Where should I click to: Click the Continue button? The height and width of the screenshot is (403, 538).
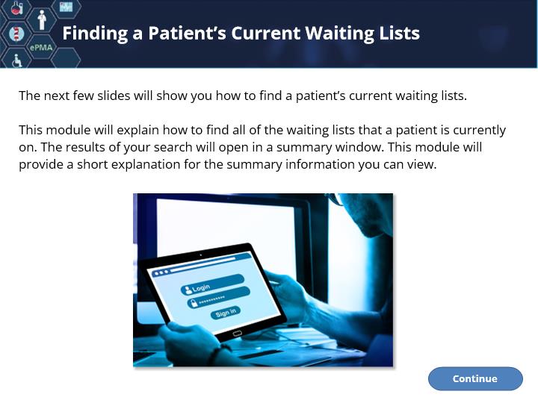click(x=475, y=378)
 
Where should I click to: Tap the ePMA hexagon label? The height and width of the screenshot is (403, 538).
click(x=41, y=47)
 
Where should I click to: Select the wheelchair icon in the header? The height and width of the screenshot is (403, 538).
click(x=16, y=60)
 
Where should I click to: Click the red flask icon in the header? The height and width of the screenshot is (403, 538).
click(x=16, y=7)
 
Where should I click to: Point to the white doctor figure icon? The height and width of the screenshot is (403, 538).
click(x=42, y=19)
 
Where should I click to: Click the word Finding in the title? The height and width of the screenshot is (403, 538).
click(x=95, y=34)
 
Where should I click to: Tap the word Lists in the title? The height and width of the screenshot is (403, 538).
click(x=399, y=33)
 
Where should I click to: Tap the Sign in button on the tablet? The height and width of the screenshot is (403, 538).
click(x=226, y=313)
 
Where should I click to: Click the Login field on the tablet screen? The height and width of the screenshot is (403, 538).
click(x=213, y=284)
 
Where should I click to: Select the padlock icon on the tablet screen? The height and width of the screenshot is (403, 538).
click(x=194, y=303)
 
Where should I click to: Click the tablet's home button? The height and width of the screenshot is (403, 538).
click(x=237, y=334)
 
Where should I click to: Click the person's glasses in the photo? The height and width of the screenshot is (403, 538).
click(x=337, y=199)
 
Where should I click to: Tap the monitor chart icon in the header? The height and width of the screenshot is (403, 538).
click(x=66, y=6)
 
